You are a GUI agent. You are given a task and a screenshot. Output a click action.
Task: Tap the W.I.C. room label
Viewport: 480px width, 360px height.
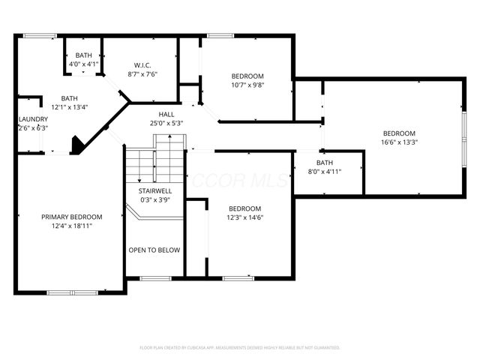143,64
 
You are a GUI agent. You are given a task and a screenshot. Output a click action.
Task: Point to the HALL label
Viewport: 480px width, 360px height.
166,114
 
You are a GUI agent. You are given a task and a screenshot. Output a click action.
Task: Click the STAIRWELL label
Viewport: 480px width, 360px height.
155,191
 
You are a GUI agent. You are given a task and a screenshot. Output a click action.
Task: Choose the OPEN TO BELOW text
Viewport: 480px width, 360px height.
154,250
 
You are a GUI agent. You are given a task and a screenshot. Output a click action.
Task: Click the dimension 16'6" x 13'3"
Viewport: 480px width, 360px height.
398,142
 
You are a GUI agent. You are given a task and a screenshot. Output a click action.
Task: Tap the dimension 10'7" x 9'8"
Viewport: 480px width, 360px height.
247,85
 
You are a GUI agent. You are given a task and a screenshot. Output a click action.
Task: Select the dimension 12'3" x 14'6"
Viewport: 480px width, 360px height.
245,217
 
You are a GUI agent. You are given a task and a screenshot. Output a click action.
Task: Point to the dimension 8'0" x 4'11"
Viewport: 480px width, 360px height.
324,172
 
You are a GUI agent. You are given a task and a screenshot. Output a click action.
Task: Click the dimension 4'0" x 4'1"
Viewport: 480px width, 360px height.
84,64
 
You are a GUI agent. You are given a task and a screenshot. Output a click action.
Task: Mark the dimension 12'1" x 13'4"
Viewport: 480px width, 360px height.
69,107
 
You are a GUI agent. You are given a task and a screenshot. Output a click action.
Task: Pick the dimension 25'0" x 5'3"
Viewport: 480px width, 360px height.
166,123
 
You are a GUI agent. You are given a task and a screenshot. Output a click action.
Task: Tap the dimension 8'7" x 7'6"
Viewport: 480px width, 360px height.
143,73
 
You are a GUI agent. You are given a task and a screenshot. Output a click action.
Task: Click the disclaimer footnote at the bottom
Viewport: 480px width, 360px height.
240,347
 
